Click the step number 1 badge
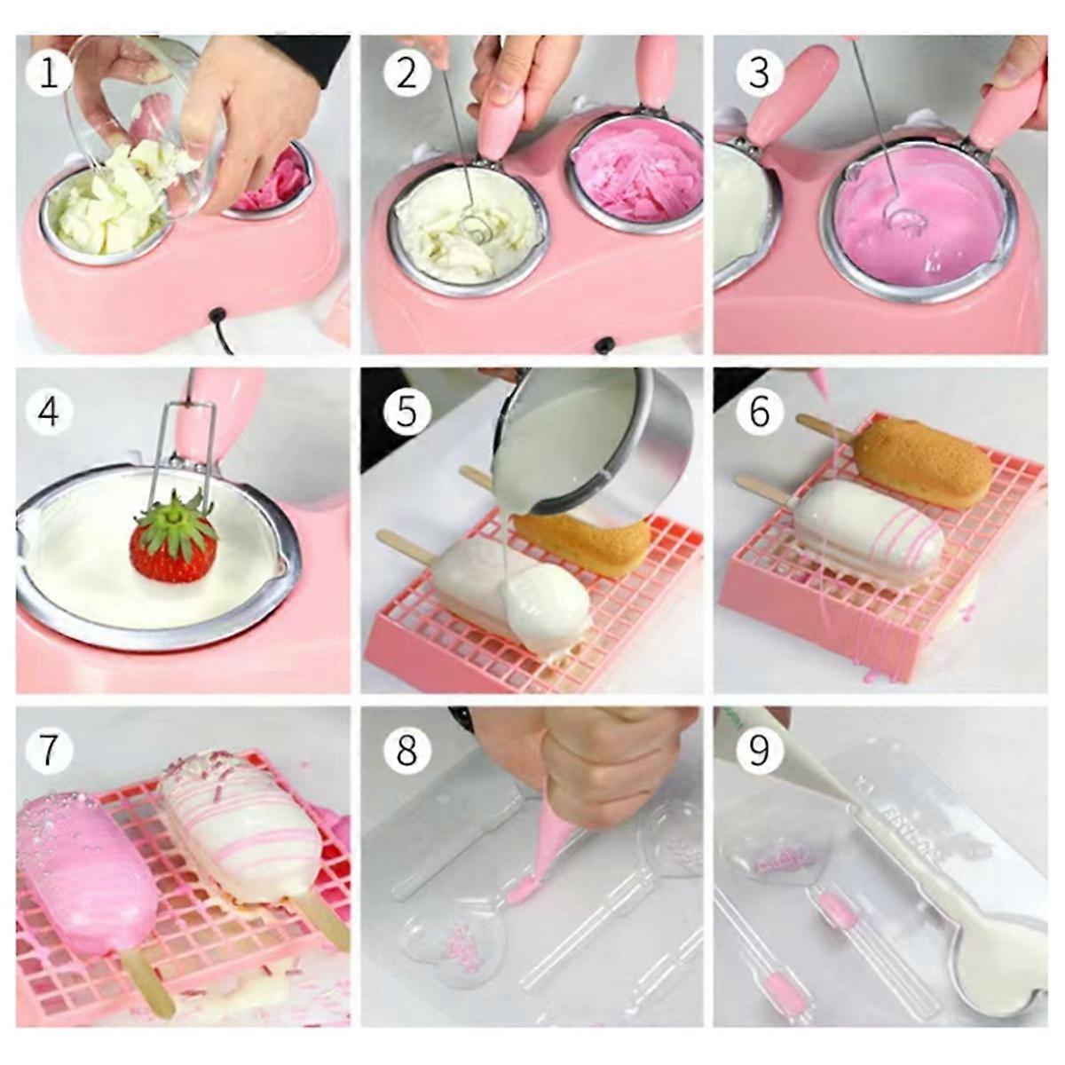pos(49,74)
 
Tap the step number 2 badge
pos(406,74)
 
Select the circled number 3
pos(759,74)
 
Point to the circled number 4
pos(49,411)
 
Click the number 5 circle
pos(406,411)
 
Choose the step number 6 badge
pos(759,411)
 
